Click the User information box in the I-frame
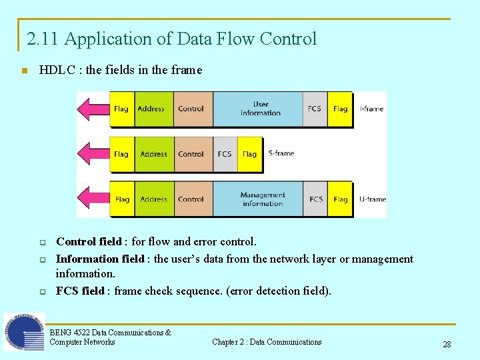(x=260, y=109)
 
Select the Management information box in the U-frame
(x=262, y=199)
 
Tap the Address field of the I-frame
(x=151, y=109)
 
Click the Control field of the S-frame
(x=191, y=154)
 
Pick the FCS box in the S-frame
(x=225, y=154)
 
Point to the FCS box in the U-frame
(x=316, y=199)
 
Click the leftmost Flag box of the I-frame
(x=121, y=109)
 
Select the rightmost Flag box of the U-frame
(x=340, y=199)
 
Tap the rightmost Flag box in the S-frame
(x=249, y=154)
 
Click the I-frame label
(x=371, y=109)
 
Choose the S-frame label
(x=281, y=153)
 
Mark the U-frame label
(x=372, y=199)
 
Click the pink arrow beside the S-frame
(x=93, y=154)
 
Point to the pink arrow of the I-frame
(x=93, y=109)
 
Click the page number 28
(x=447, y=344)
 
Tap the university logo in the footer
(x=23, y=332)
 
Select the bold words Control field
(x=89, y=241)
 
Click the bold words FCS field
(x=80, y=291)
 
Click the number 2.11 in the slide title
(x=43, y=39)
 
